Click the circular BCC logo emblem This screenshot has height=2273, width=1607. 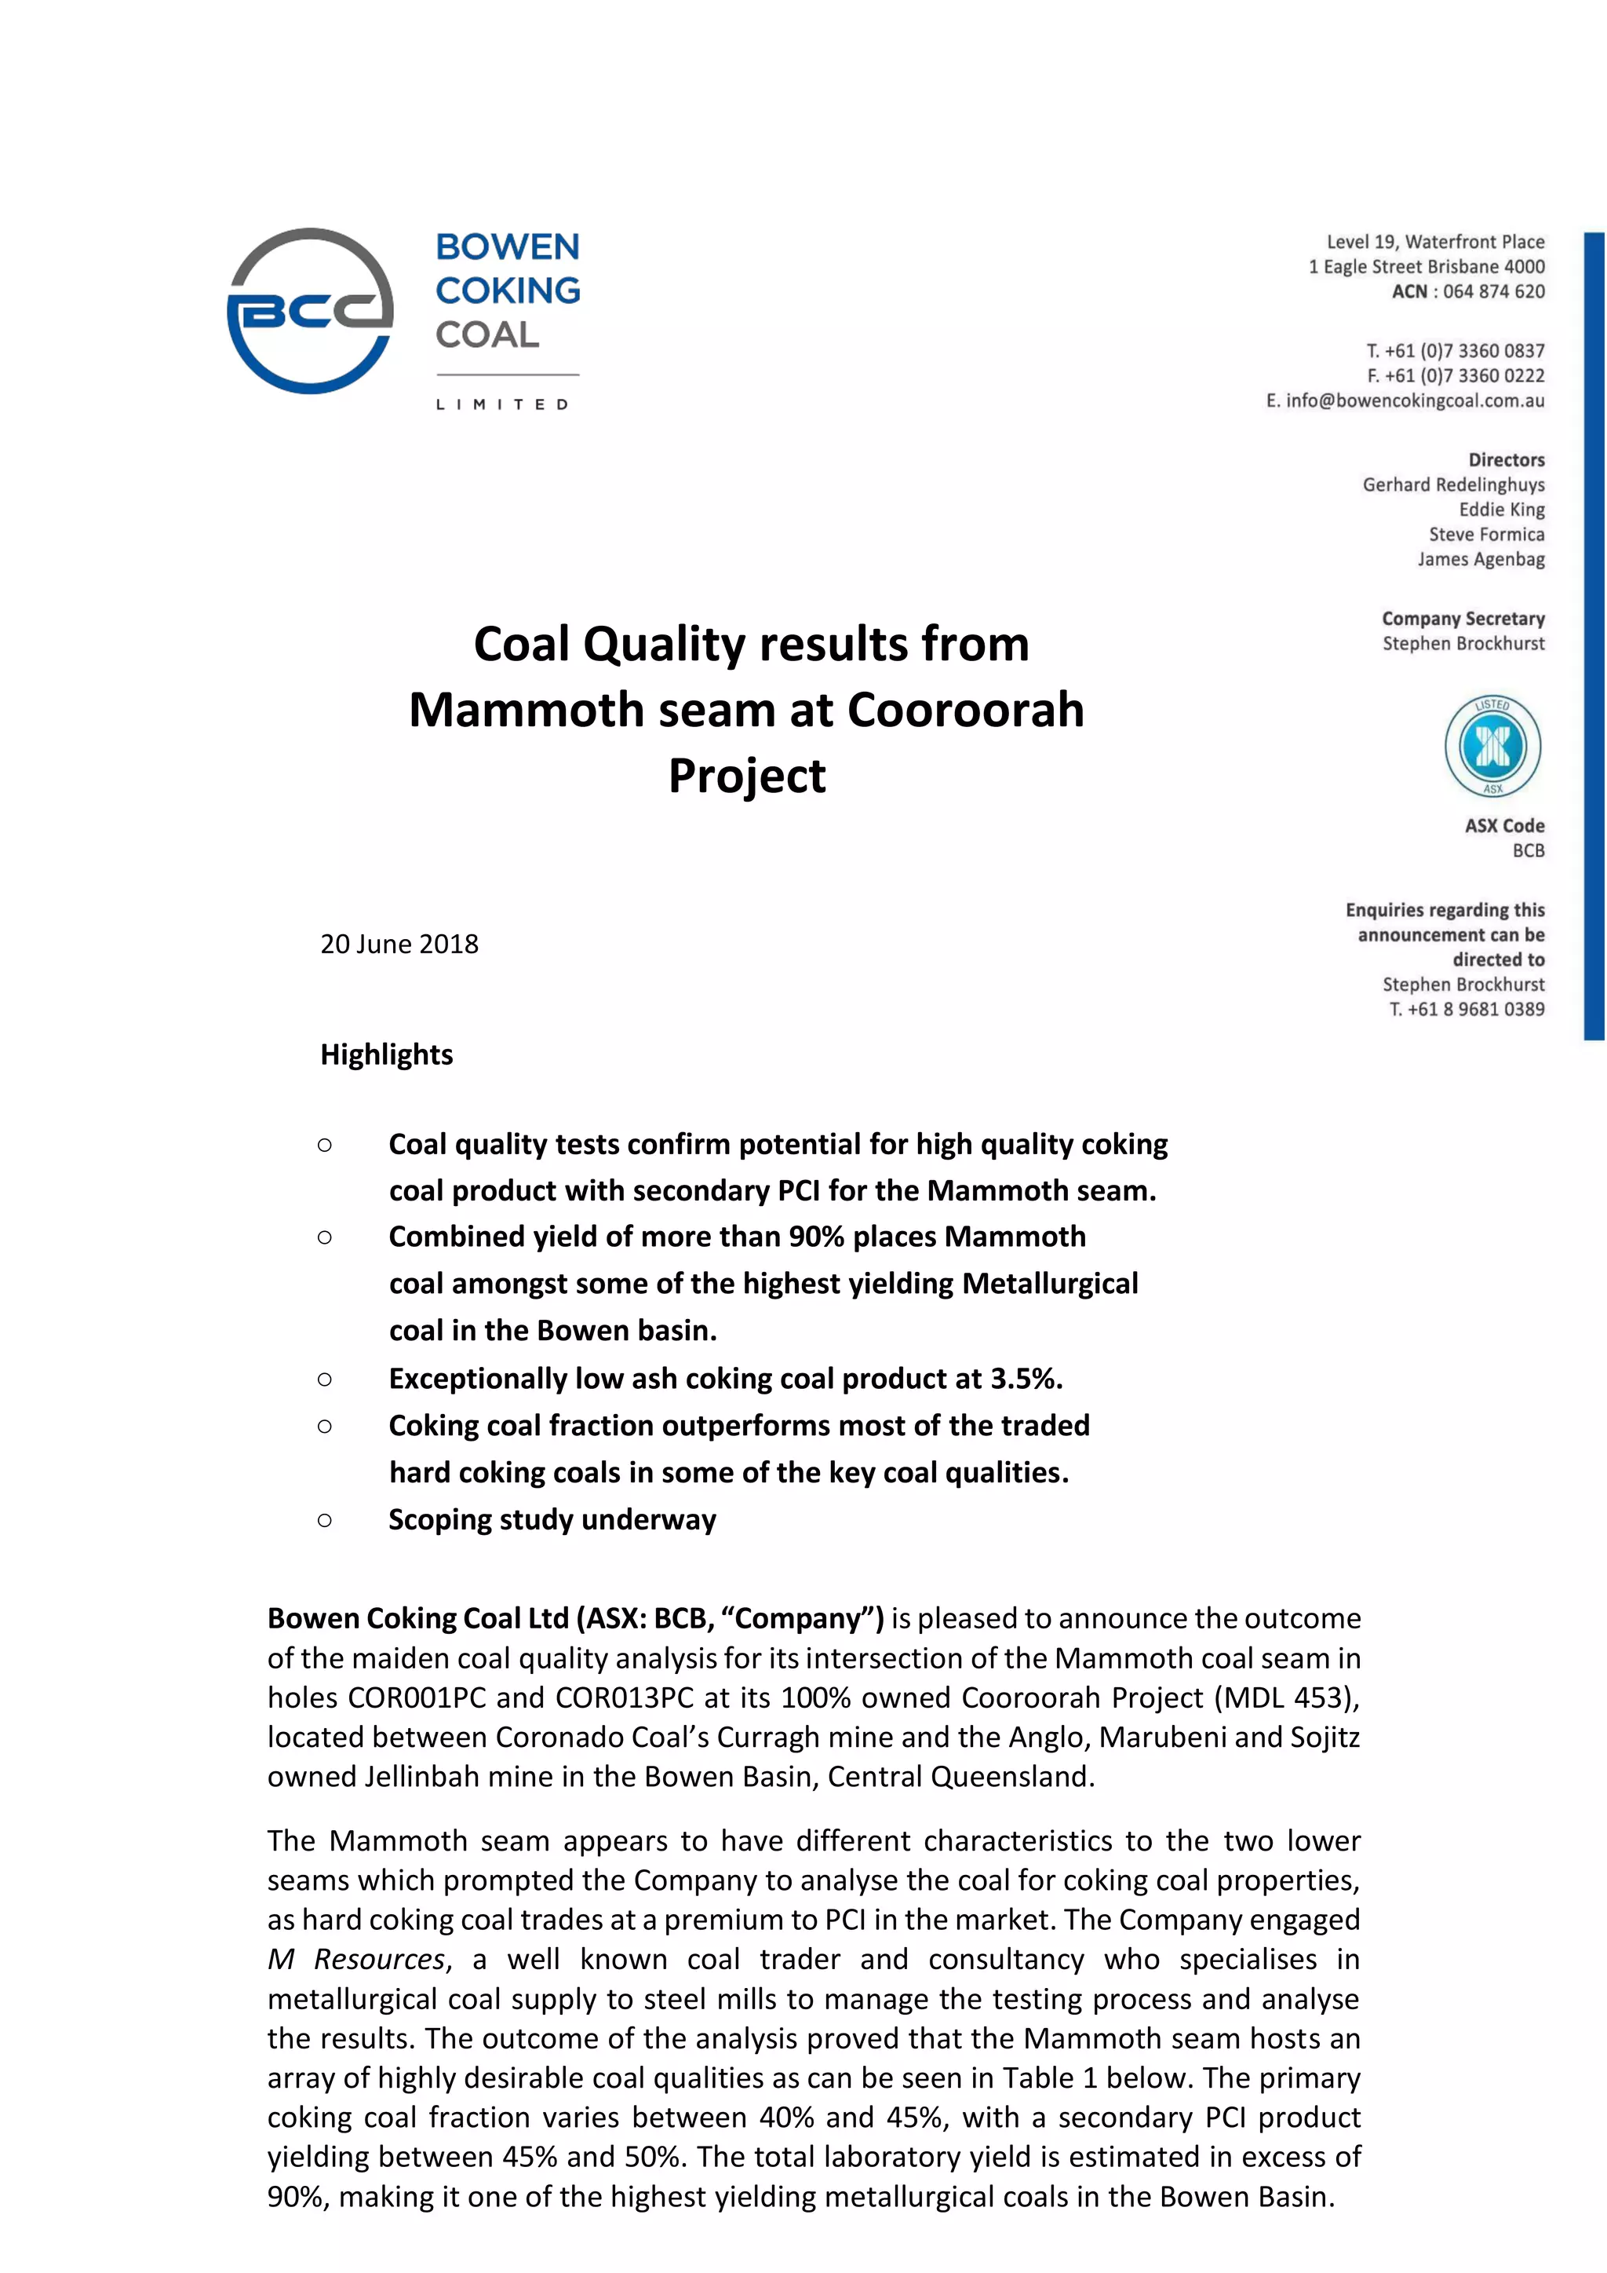click(x=310, y=311)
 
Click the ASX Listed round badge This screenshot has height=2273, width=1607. click(x=1492, y=747)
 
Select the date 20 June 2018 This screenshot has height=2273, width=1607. click(x=399, y=944)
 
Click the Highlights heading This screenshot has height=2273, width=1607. click(x=386, y=1054)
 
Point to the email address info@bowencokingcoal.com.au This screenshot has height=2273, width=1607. click(x=1415, y=401)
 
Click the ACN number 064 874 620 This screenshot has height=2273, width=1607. click(x=1493, y=291)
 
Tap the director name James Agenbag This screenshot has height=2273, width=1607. click(x=1481, y=559)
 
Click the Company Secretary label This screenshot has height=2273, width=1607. click(x=1463, y=619)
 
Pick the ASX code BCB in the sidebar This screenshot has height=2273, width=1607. click(x=1528, y=850)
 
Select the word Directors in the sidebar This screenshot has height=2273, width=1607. click(x=1506, y=459)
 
